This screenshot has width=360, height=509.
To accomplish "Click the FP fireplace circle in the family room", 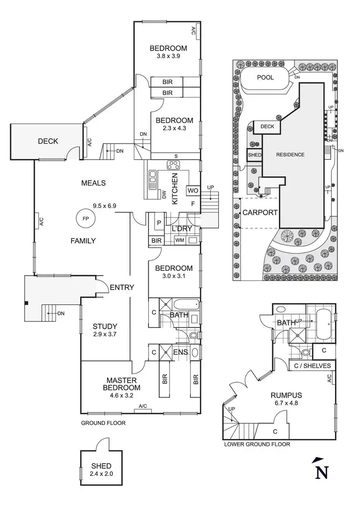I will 85,219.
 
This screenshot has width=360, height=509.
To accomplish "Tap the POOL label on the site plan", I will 265,77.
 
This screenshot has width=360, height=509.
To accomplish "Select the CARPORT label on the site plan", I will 260,212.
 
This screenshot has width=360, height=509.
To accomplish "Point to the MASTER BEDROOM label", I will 123,384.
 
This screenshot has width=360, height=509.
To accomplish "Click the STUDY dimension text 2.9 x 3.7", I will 105,335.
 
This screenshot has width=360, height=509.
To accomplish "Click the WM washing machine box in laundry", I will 180,240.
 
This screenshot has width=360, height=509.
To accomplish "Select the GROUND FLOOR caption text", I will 103,423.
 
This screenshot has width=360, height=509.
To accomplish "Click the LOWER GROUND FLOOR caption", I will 257,445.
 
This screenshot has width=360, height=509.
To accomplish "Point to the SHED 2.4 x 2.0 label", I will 101,469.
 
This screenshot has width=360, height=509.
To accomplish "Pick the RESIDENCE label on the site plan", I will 290,155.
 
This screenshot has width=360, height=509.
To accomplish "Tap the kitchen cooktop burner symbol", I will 173,165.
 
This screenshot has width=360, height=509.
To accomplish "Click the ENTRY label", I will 122,287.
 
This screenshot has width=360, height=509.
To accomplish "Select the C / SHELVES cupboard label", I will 312,366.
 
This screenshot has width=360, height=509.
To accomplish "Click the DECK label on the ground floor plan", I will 48,141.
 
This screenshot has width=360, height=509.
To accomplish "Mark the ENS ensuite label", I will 180,352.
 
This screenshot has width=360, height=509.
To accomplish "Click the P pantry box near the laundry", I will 158,224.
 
